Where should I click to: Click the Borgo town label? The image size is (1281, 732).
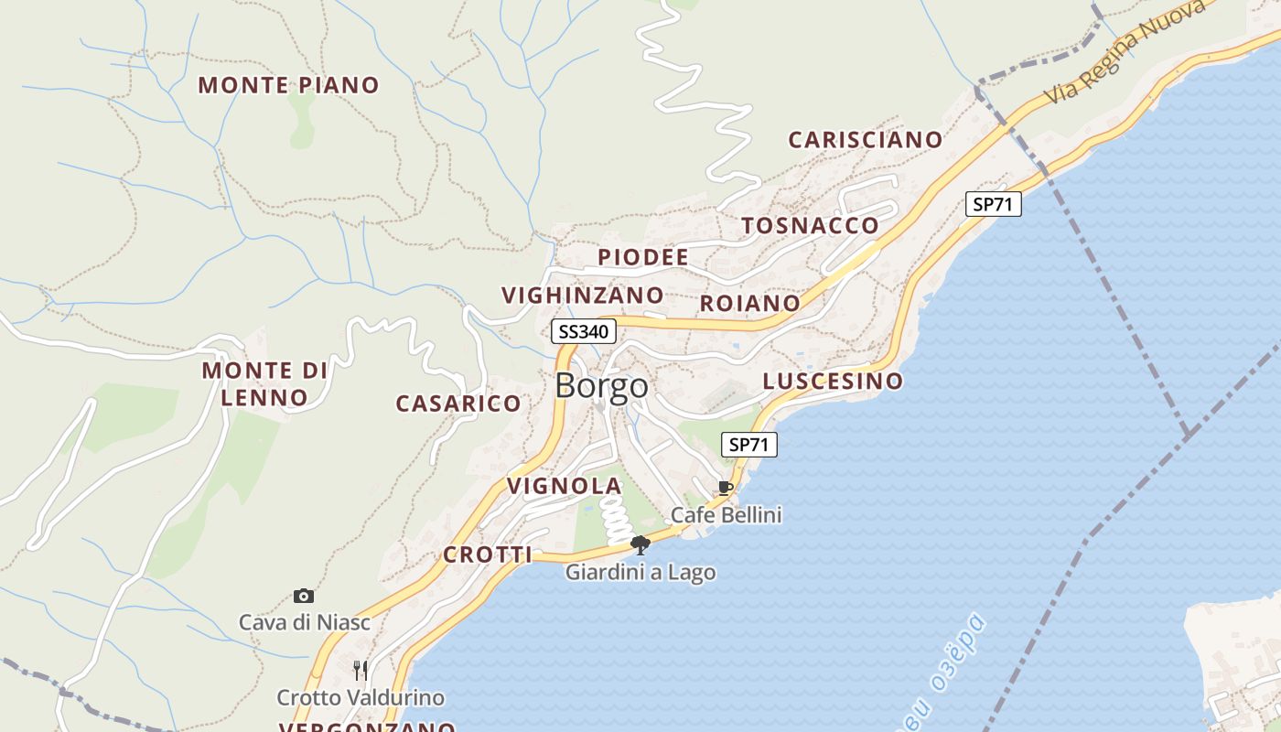coord(601,386)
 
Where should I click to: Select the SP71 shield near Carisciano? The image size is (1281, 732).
coord(993,204)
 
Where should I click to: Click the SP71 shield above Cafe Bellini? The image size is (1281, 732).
coord(748,446)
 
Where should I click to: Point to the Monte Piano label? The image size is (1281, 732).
coord(288,85)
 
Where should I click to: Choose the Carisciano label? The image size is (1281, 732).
coord(865,140)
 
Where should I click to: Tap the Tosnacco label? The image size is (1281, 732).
coord(810,226)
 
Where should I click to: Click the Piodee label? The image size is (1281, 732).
coord(642,258)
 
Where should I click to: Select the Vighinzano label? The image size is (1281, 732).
coord(583,296)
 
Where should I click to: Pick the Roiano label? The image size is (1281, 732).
coord(749,303)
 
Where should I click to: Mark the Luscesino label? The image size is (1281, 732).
coord(833,381)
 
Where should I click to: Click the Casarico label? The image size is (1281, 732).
coord(457,404)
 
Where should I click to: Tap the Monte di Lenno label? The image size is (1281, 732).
coord(264,383)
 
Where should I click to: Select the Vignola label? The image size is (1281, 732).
coord(565,486)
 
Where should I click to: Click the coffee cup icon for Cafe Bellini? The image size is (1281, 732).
coord(725,488)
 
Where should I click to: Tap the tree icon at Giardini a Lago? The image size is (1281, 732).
coord(640,545)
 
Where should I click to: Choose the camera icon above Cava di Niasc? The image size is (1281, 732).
coord(304,597)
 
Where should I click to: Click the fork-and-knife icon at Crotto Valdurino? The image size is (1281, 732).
coord(361,671)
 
